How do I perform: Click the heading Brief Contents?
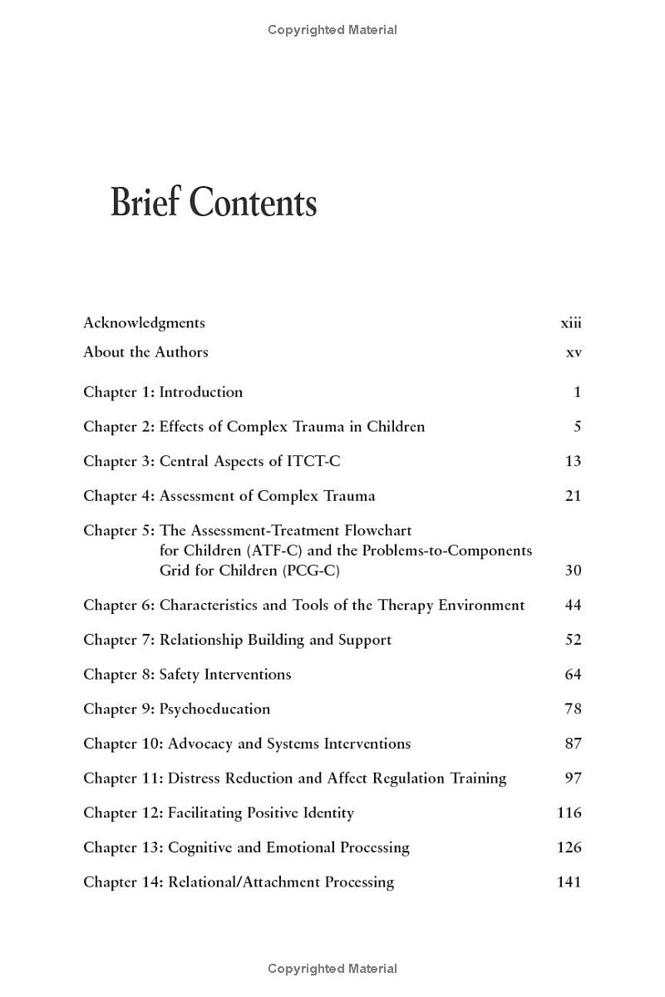[214, 204]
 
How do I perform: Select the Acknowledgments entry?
[144, 323]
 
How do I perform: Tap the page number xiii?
[571, 323]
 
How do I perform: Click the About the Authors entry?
[145, 352]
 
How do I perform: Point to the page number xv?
[574, 352]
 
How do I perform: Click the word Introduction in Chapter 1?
[201, 392]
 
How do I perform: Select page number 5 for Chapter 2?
[577, 427]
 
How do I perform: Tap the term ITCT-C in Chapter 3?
[314, 461]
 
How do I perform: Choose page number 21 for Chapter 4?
[573, 496]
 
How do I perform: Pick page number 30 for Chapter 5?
[573, 571]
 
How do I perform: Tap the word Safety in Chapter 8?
[180, 675]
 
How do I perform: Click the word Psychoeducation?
[214, 710]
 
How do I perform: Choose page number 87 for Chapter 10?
[573, 744]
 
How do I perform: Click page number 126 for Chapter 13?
[569, 847]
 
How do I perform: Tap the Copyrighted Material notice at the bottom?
[332, 969]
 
